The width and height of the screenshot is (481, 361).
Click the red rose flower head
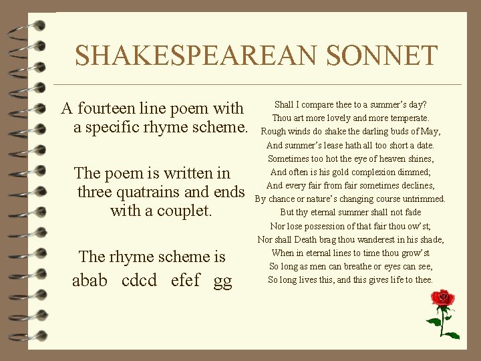(443, 298)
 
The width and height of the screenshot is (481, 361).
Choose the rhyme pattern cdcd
(140, 280)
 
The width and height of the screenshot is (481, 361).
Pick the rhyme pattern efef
(185, 280)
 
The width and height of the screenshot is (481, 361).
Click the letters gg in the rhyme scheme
(222, 281)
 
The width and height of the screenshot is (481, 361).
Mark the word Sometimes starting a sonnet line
(288, 158)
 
